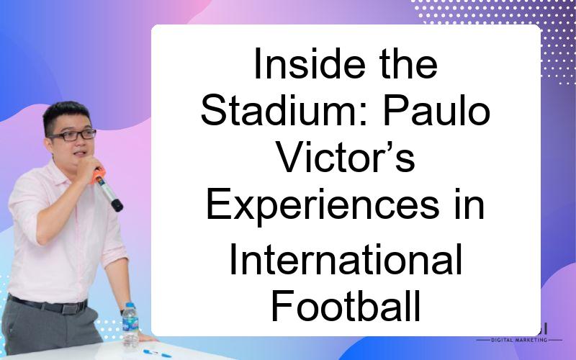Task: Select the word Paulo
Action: click(436, 110)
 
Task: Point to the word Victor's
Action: click(346, 157)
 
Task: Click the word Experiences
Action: click(323, 205)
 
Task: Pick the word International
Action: click(346, 260)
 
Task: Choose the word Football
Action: click(346, 305)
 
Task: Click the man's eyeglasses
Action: click(73, 135)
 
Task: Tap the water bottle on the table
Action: click(130, 325)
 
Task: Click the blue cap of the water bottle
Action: click(130, 305)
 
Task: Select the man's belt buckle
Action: click(70, 308)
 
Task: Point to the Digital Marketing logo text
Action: click(519, 340)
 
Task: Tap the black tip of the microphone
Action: click(117, 205)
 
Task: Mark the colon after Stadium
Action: click(364, 115)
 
